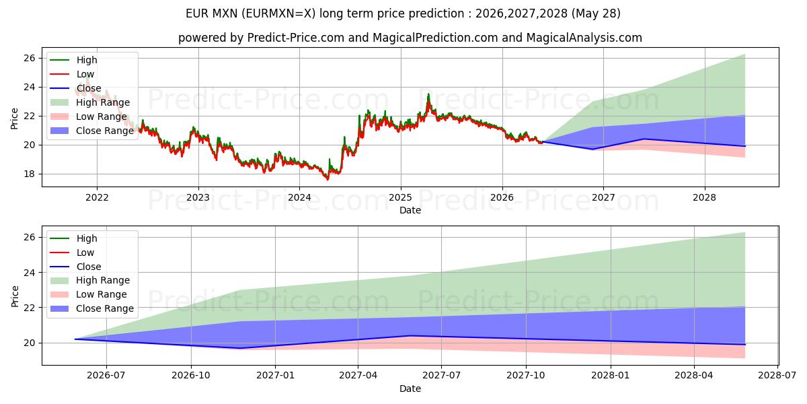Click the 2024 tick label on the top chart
pyautogui.click(x=299, y=198)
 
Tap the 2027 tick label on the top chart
pyautogui.click(x=603, y=198)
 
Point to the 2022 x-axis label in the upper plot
pyautogui.click(x=97, y=198)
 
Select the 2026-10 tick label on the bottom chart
pyautogui.click(x=191, y=376)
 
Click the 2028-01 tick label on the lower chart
pyautogui.click(x=611, y=376)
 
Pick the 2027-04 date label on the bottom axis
pyautogui.click(x=358, y=376)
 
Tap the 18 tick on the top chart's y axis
pyautogui.click(x=30, y=174)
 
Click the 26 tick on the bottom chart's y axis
pyautogui.click(x=30, y=237)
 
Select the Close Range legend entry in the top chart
pyautogui.click(x=92, y=131)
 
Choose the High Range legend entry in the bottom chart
pyautogui.click(x=89, y=280)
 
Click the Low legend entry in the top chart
pyautogui.click(x=72, y=74)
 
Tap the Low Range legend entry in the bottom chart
pyautogui.click(x=89, y=294)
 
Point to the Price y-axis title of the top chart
pyautogui.click(x=14, y=119)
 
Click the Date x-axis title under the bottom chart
pyautogui.click(x=410, y=389)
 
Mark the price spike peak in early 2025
pyautogui.click(x=428, y=94)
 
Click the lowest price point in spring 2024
pyautogui.click(x=328, y=179)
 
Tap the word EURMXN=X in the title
pyautogui.click(x=278, y=13)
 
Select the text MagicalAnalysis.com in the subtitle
pyautogui.click(x=584, y=38)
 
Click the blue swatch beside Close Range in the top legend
pyautogui.click(x=59, y=131)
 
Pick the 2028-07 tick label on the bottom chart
pyautogui.click(x=777, y=376)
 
